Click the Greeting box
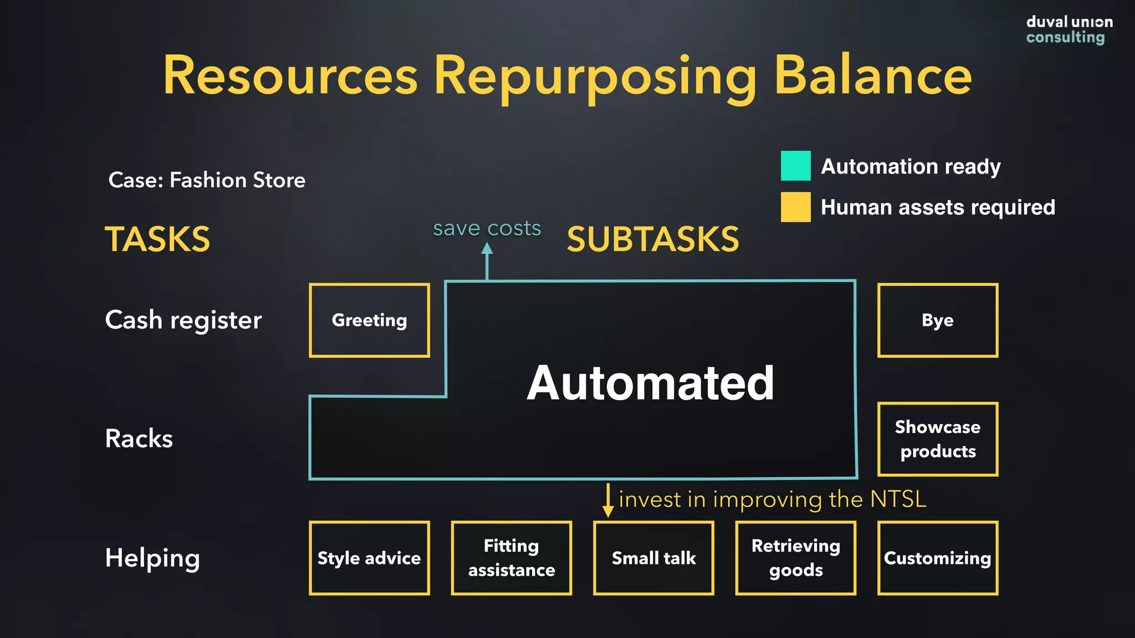pos(369,320)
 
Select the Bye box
pos(938,320)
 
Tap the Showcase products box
pos(938,439)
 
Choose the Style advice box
pos(369,558)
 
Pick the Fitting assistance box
pos(512,558)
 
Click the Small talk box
pos(653,558)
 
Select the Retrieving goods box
pos(796,558)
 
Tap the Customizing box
pos(938,558)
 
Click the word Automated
pos(650,383)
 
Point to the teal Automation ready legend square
pos(795,166)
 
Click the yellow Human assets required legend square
pos(795,207)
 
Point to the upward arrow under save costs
pos(487,260)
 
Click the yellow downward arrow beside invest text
pos(608,501)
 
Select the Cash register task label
pos(183,320)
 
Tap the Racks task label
pos(139,439)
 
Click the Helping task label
pos(152,558)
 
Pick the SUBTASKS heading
pos(653,239)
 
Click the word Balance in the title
pos(872,75)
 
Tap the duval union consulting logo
pos(1068,30)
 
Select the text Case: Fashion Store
pos(207,180)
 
